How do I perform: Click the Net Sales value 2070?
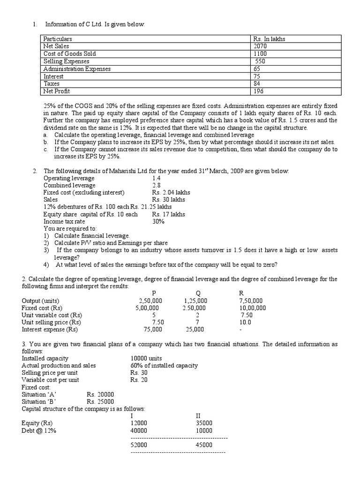pyautogui.click(x=260, y=46)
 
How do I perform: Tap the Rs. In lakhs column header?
pyautogui.click(x=269, y=39)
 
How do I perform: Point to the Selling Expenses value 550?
pyautogui.click(x=261, y=61)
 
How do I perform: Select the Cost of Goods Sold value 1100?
pyautogui.click(x=260, y=54)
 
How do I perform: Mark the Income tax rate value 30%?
pyautogui.click(x=158, y=221)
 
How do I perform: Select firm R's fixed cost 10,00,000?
pyautogui.click(x=252, y=308)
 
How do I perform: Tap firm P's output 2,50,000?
pyautogui.click(x=150, y=300)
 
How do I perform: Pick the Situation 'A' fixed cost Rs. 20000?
pyautogui.click(x=100, y=394)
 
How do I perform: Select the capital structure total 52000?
pyautogui.click(x=139, y=444)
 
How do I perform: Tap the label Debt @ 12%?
pyautogui.click(x=39, y=430)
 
